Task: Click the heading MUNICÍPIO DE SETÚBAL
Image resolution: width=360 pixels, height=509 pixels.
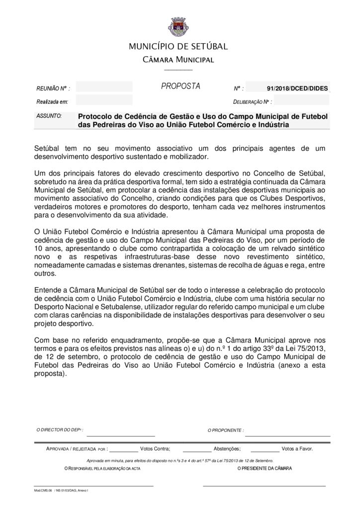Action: [179, 47]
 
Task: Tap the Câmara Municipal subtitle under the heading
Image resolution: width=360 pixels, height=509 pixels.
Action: [179, 60]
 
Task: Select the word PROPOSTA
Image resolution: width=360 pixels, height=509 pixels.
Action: [180, 86]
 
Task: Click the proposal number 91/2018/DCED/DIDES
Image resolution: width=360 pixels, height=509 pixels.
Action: [297, 88]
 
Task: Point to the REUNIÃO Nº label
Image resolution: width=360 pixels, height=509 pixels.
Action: [53, 88]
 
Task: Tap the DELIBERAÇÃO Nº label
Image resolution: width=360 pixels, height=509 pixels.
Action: [252, 102]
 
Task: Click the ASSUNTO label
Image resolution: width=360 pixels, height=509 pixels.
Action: [49, 115]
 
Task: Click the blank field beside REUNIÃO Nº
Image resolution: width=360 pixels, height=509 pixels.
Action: [104, 87]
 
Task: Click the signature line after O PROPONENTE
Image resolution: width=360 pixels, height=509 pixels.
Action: [287, 434]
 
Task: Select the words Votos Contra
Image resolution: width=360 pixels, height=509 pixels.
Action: [155, 448]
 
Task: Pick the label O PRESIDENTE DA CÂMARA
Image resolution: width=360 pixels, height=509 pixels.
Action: [265, 469]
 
